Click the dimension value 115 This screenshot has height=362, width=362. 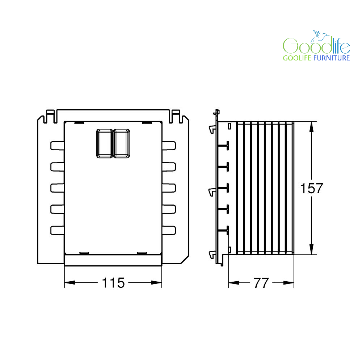pos(113,283)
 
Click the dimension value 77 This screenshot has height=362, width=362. pos(261,283)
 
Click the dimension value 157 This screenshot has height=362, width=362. pos(311,188)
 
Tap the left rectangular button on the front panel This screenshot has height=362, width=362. pos(105,143)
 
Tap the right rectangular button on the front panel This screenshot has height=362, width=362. pos(121,143)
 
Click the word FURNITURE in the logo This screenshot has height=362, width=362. pos(332,58)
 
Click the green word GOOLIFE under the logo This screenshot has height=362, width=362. pos(297,58)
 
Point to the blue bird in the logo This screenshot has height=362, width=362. pos(319,37)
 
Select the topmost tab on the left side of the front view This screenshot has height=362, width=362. pos(57,146)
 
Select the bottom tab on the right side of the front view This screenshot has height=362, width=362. pos(169,230)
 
